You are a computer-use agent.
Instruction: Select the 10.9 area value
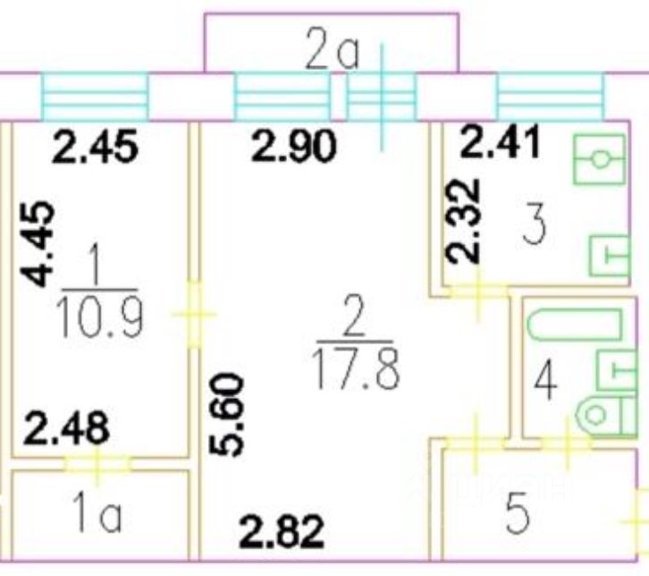coord(99,318)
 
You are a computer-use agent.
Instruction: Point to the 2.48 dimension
coord(68,428)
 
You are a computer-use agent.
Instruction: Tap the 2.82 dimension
coord(281,533)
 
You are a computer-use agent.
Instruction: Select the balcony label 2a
coord(332,54)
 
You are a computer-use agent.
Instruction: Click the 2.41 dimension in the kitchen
coord(500,141)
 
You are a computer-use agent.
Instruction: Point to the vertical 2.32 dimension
coord(463,221)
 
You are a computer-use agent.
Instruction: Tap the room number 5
coord(517,516)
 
